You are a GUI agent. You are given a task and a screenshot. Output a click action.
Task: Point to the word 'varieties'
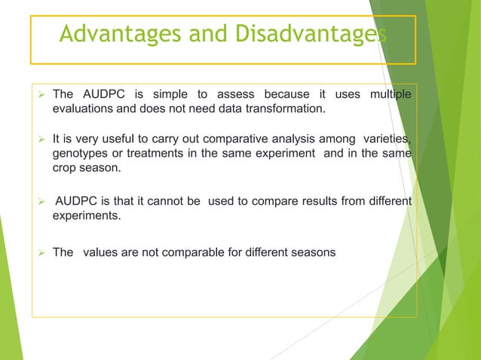pyautogui.click(x=385, y=139)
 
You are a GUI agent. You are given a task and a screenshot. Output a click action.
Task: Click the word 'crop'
pyautogui.click(x=66, y=167)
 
